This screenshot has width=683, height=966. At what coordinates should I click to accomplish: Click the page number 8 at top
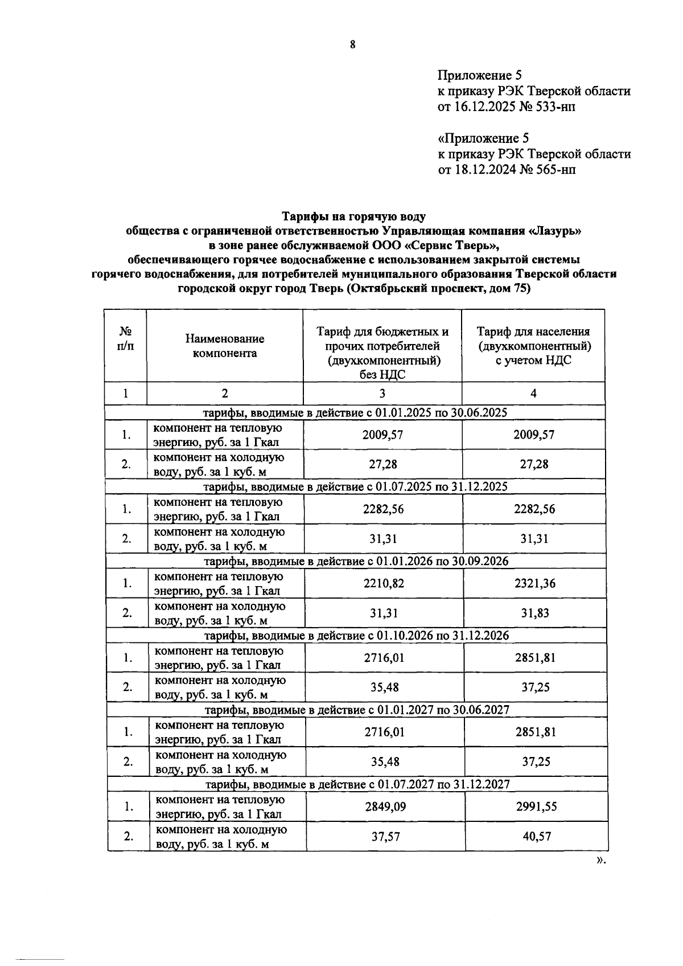pos(352,46)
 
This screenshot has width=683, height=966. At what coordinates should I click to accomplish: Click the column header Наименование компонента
pos(224,346)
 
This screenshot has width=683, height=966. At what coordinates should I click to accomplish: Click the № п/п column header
pos(125,339)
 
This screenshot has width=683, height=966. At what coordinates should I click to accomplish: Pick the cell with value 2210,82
pos(383,583)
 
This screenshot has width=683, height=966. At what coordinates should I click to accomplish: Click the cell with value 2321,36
pos(534,583)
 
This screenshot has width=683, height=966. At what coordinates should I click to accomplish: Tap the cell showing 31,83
pos(534,613)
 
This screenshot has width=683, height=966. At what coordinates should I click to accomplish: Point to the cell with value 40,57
pos(536,836)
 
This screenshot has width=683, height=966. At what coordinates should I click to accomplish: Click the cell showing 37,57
pos(385,836)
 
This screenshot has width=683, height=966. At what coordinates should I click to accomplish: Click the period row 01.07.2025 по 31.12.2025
pos(356,486)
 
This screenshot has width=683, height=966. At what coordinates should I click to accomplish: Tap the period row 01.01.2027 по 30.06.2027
pos(357,710)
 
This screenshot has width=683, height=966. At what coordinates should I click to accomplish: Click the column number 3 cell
pos(382,393)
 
